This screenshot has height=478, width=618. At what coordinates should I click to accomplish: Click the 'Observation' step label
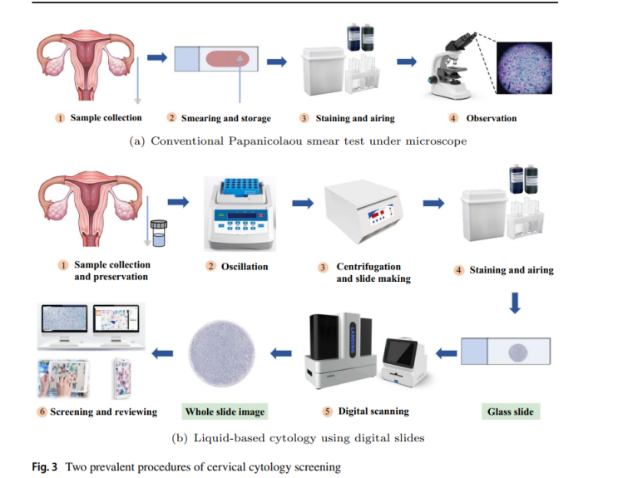[x=491, y=118]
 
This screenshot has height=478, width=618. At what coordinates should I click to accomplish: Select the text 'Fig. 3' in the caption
[x=44, y=466]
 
